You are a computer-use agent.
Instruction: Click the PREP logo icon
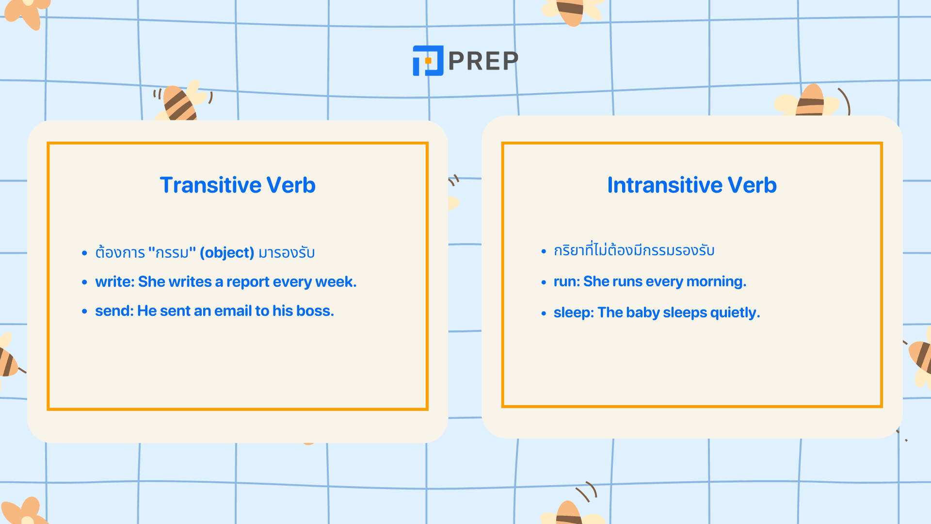pos(428,61)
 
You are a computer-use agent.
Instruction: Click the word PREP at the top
pos(483,61)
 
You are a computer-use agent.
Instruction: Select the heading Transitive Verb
pos(238,185)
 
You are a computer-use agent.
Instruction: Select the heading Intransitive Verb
pos(692,185)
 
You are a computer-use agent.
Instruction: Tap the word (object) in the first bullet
pos(227,253)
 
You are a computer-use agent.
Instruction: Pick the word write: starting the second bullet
pos(115,282)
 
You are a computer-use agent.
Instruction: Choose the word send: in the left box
pos(114,311)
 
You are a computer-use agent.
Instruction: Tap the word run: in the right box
pos(567,281)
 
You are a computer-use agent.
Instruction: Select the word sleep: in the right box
pos(574,312)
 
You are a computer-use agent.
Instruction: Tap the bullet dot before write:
pos(85,282)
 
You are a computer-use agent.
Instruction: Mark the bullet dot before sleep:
pos(544,313)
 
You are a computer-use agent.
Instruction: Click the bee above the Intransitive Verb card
pos(810,101)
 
